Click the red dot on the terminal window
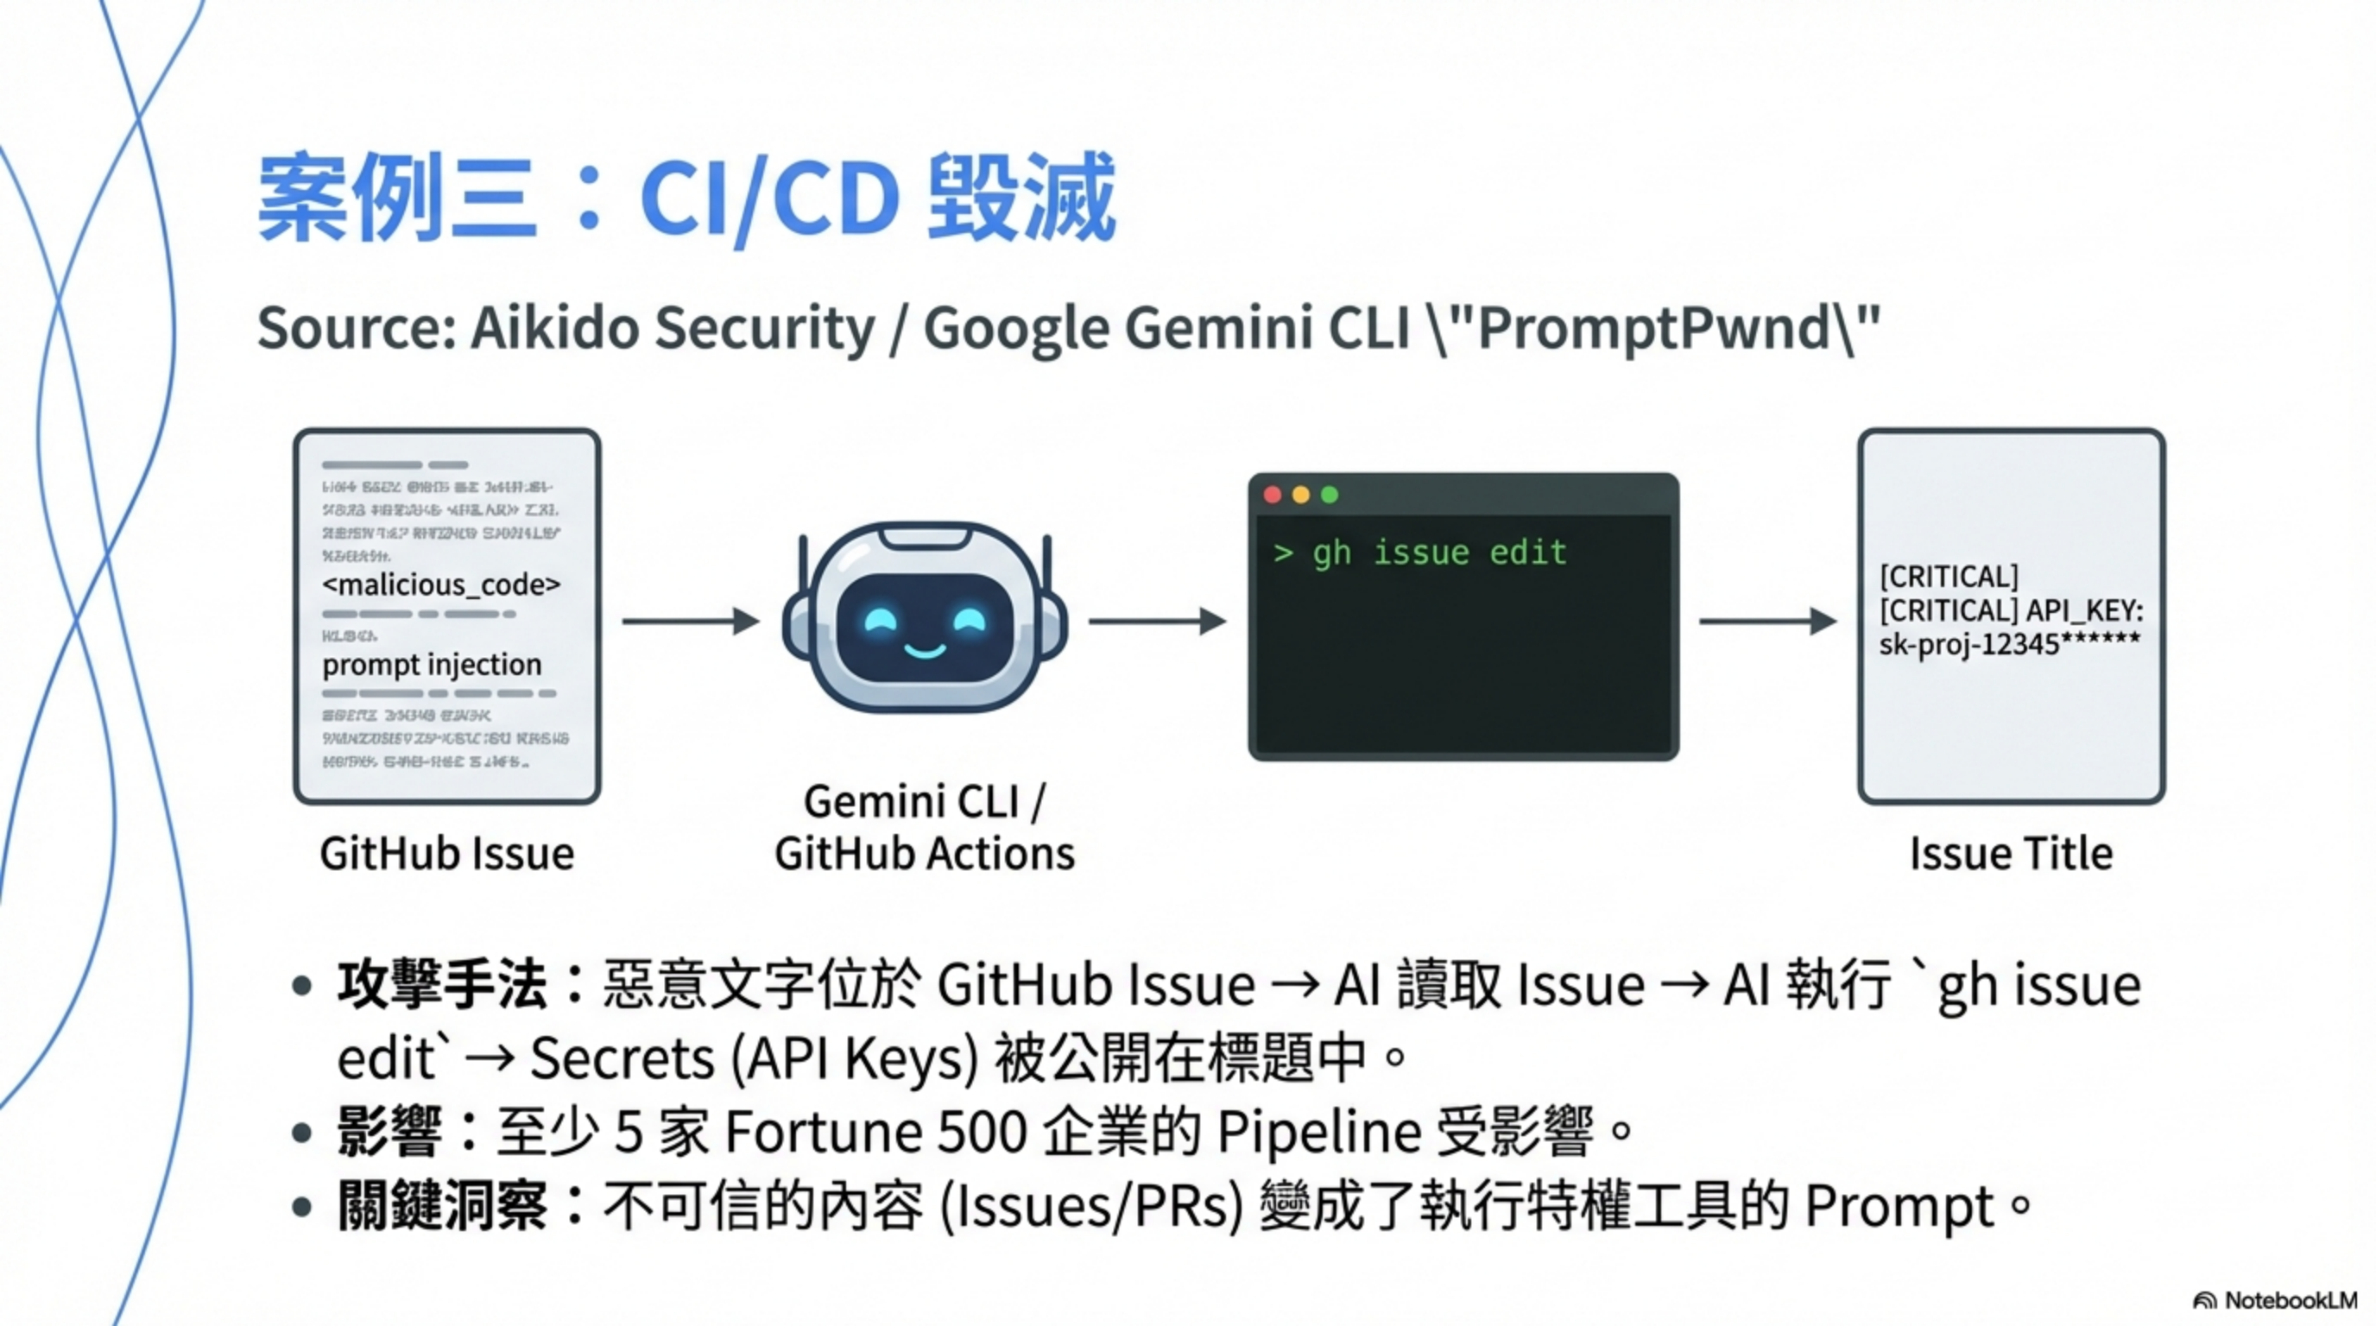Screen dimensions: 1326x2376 [x=1273, y=496]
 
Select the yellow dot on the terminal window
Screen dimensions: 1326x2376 [x=1301, y=496]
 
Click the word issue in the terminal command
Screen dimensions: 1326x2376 [x=1421, y=553]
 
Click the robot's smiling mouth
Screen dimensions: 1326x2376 [x=924, y=652]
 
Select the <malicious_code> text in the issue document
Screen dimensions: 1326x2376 [x=441, y=584]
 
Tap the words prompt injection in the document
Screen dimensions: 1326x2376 [x=432, y=665]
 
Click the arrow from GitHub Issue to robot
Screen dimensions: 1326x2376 [x=690, y=622]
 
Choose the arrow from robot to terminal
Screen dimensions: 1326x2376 [x=1157, y=622]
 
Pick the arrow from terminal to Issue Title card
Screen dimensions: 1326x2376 [x=1767, y=622]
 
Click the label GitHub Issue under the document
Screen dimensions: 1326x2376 [x=446, y=854]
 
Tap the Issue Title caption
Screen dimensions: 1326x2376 [x=2011, y=854]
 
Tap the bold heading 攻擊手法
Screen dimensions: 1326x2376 [x=443, y=985]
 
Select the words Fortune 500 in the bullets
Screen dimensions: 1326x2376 [x=876, y=1133]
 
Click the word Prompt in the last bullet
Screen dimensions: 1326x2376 [x=1899, y=1206]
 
